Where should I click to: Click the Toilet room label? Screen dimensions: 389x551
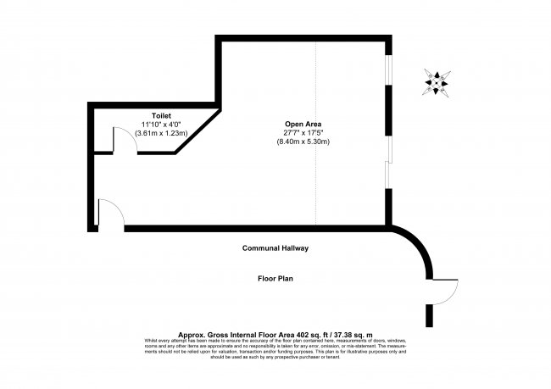click(x=161, y=114)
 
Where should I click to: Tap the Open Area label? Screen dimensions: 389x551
click(x=303, y=124)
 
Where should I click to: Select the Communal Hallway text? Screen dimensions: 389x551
click(x=275, y=248)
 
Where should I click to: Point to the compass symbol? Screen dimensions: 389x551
click(x=437, y=81)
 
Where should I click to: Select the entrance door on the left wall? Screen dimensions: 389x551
click(x=110, y=214)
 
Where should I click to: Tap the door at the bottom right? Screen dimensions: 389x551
click(x=446, y=292)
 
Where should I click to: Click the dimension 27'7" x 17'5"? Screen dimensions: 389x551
click(x=303, y=133)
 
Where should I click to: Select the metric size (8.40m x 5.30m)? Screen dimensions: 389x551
click(x=303, y=142)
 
